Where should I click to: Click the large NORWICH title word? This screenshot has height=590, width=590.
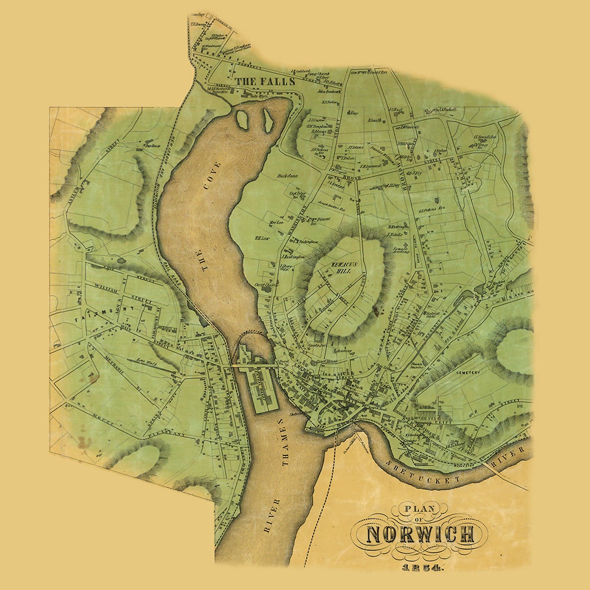pos(420,535)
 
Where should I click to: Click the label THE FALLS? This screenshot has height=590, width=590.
pos(264,81)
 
